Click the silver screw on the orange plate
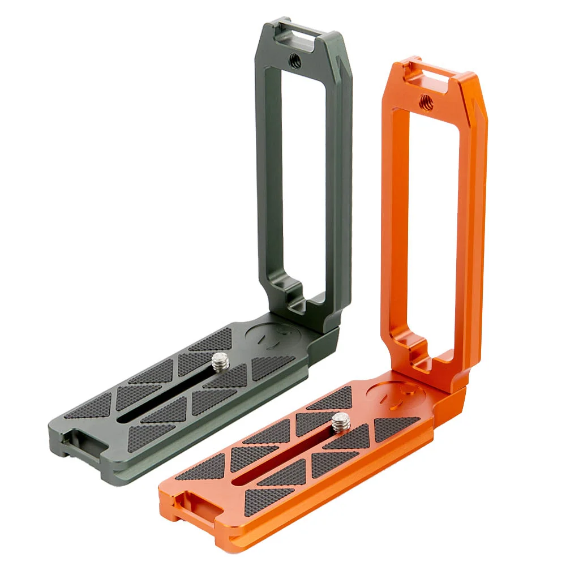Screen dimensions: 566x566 pyautogui.click(x=341, y=422)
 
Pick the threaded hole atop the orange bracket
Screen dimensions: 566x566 pyautogui.click(x=424, y=102)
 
